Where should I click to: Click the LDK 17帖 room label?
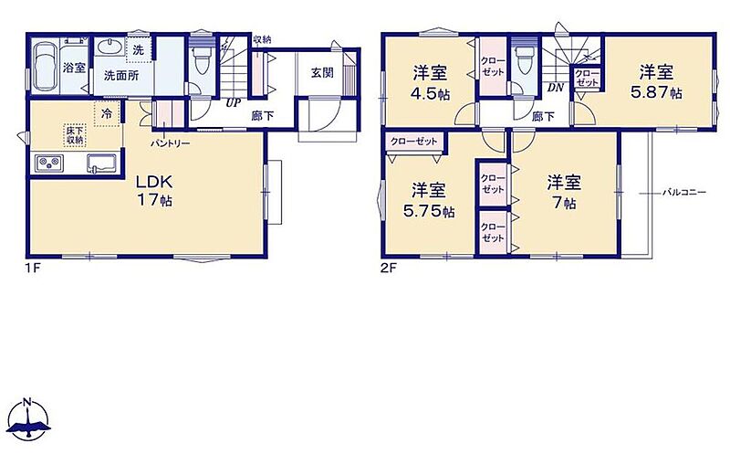click(x=154, y=191)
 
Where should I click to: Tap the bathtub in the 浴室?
click(x=47, y=67)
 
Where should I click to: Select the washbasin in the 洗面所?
click(x=110, y=47)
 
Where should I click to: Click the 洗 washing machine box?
click(x=139, y=50)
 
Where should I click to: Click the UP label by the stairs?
click(x=234, y=103)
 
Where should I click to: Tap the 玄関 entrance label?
click(x=322, y=72)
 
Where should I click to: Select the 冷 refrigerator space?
click(x=108, y=112)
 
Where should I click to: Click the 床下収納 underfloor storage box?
click(x=74, y=134)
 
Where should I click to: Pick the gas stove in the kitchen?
click(x=49, y=164)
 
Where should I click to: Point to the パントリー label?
click(x=170, y=143)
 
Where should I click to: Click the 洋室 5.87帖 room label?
click(x=656, y=82)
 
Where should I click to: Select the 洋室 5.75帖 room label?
click(x=429, y=201)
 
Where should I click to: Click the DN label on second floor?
click(x=556, y=88)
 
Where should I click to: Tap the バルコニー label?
click(x=684, y=192)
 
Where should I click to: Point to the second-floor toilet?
click(x=524, y=60)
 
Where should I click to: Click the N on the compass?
click(x=27, y=401)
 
